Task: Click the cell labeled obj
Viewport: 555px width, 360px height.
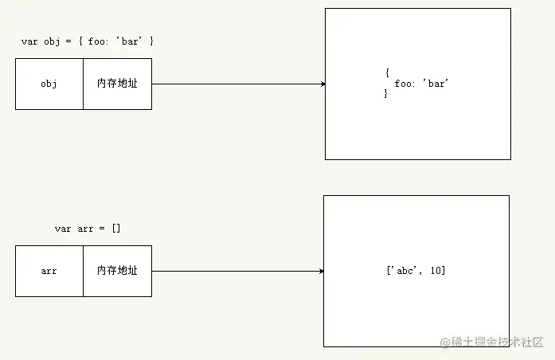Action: [x=49, y=84]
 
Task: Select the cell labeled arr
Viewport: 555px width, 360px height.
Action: [x=49, y=271]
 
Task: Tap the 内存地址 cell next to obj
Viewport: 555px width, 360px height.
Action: [x=117, y=84]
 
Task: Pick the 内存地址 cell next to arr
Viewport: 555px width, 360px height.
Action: [x=117, y=271]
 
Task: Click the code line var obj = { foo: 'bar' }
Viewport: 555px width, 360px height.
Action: [x=88, y=41]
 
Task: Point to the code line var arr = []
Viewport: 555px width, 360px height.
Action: [x=88, y=229]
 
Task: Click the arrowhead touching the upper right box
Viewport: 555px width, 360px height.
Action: [x=322, y=84]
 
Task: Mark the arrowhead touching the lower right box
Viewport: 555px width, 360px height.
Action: [x=321, y=271]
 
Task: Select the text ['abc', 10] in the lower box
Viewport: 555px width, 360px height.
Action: [x=415, y=271]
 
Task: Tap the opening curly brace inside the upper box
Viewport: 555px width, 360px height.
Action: [x=386, y=73]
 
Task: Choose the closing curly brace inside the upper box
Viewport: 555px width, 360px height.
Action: [x=386, y=94]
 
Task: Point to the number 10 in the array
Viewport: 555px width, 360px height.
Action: [x=437, y=271]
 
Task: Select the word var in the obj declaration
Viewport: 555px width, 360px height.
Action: [x=29, y=41]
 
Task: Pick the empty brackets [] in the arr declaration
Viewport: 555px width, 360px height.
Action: [x=115, y=229]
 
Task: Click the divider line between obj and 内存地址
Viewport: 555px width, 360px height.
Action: [x=83, y=84]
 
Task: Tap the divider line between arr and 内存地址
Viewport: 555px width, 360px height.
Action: [x=83, y=271]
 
